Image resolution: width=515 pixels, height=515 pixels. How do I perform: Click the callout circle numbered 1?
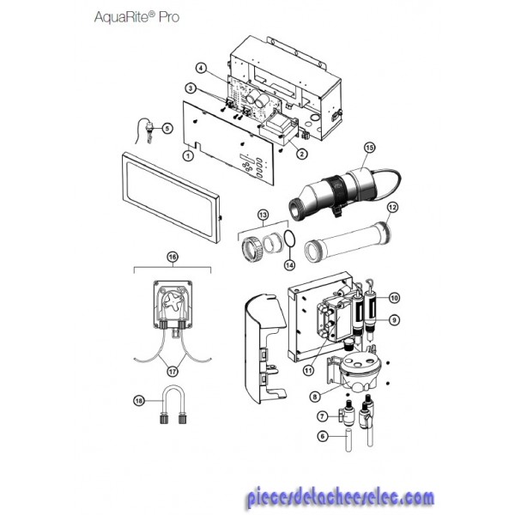(188, 155)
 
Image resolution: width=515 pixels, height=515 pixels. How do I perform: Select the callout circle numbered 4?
(201, 69)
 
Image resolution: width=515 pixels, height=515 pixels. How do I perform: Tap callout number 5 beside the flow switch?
(167, 128)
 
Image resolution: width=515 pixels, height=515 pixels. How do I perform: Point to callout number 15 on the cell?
(369, 148)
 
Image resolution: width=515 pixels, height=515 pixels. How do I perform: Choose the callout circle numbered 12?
(392, 207)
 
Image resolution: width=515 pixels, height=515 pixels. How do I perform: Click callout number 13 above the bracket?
(263, 215)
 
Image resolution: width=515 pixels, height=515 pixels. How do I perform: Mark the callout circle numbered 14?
(289, 264)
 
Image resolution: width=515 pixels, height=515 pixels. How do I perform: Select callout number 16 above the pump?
(173, 257)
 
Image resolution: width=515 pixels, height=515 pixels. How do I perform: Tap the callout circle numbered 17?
(173, 372)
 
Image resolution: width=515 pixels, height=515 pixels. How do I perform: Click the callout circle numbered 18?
(139, 401)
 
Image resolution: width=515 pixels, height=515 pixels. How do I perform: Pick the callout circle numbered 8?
(315, 397)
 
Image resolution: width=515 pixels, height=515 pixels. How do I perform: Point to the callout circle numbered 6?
(323, 436)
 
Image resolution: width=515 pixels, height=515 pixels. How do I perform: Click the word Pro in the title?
(169, 17)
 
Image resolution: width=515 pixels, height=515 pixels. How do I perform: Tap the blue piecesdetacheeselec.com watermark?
(340, 496)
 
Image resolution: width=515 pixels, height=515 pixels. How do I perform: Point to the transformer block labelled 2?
(278, 130)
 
